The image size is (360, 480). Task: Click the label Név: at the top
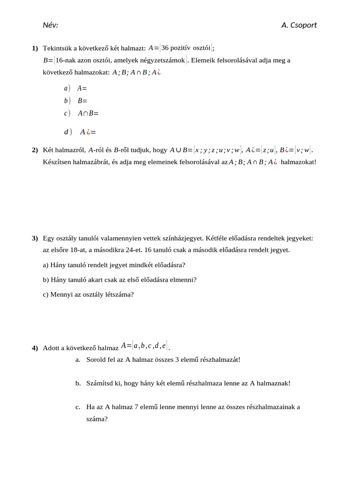(50, 25)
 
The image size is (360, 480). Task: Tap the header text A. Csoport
(299, 25)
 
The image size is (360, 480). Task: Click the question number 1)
(35, 48)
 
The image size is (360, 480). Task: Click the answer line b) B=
(76, 100)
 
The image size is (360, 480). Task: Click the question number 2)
(35, 150)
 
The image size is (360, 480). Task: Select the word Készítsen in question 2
(56, 162)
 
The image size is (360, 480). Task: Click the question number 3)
(35, 238)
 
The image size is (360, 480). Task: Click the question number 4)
(35, 348)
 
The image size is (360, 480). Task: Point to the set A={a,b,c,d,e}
(144, 346)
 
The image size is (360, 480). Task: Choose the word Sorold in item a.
(97, 360)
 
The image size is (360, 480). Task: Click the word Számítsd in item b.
(99, 383)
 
